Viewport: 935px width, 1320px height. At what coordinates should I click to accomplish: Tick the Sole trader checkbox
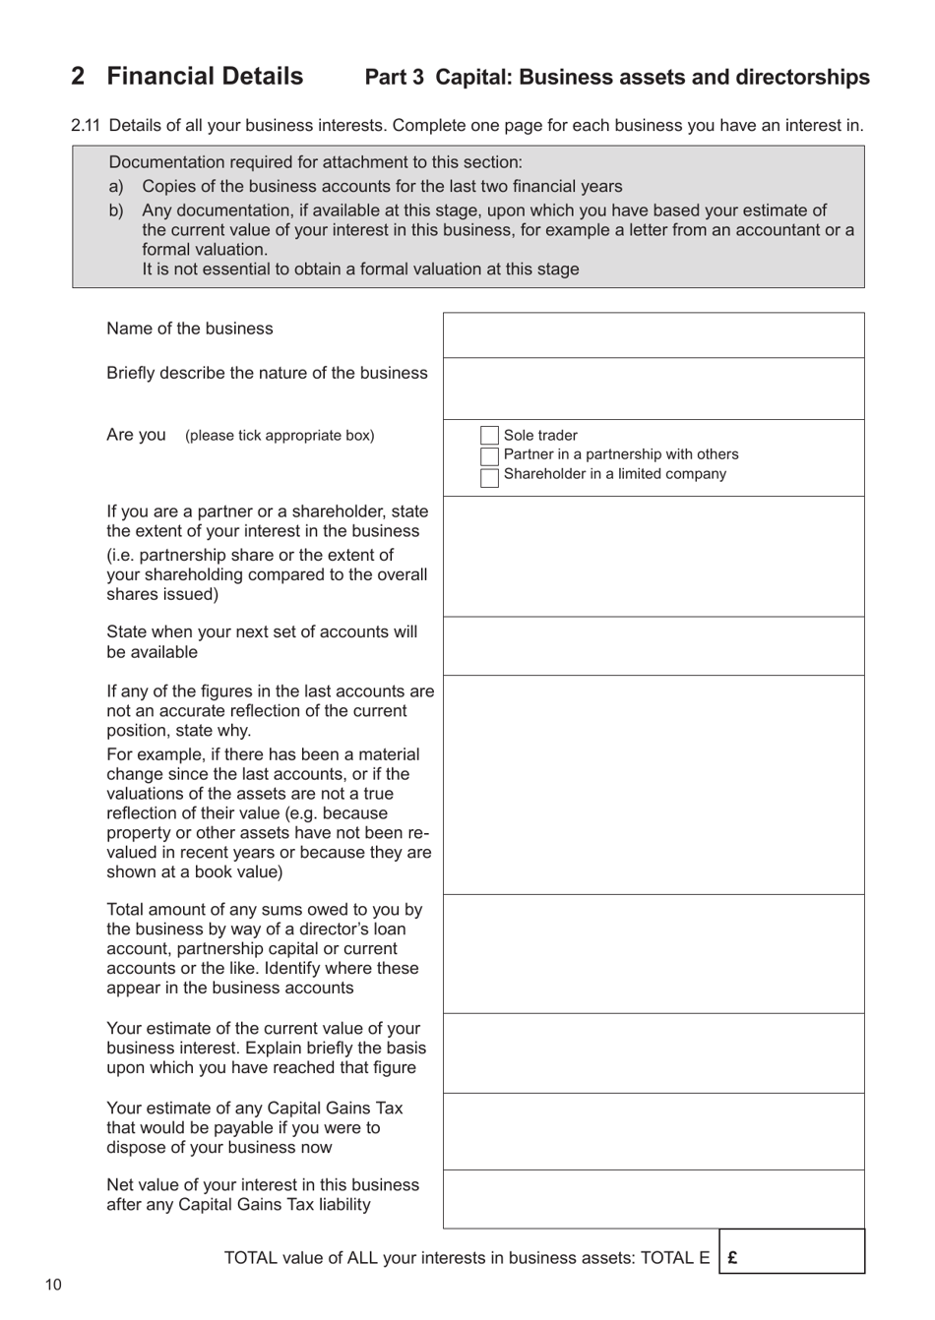tap(489, 436)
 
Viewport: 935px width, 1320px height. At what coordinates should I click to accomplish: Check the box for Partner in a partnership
tap(489, 456)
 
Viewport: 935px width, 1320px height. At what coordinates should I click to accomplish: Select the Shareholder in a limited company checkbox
tap(489, 478)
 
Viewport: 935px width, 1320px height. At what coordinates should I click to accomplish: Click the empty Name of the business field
tap(654, 335)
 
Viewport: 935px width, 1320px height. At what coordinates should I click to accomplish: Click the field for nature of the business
tap(654, 389)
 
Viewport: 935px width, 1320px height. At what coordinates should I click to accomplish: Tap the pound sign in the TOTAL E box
tap(733, 1257)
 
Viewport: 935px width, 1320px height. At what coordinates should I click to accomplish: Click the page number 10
tap(52, 1285)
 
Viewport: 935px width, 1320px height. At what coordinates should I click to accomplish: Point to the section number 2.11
tap(86, 126)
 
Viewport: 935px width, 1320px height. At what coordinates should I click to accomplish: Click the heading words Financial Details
tap(205, 77)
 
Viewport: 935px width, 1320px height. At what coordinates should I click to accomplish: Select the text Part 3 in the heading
tap(395, 78)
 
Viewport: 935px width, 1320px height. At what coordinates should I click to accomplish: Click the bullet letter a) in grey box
tap(116, 187)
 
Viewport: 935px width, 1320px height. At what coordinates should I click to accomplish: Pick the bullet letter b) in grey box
tap(116, 210)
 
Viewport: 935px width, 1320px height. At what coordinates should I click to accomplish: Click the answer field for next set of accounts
tap(654, 646)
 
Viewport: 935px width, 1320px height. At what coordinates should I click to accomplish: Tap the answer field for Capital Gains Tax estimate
tap(654, 1131)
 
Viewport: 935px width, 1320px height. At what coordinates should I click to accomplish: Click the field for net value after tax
tap(654, 1199)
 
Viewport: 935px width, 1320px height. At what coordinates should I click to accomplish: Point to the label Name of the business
tap(190, 329)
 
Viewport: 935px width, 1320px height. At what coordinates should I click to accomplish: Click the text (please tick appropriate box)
tap(280, 436)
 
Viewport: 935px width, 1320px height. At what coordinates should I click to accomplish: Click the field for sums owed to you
tap(654, 954)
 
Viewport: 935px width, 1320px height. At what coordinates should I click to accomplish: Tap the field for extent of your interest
tap(654, 557)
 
